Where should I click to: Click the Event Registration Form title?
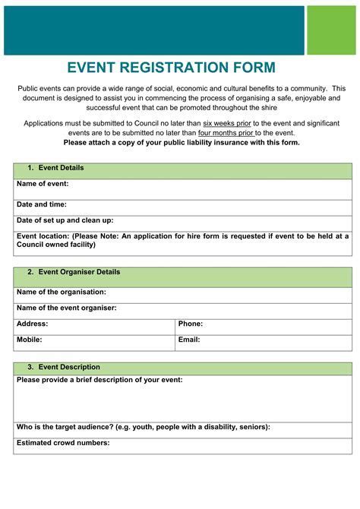[x=171, y=68]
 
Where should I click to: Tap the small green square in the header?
[x=332, y=30]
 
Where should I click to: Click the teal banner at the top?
[x=153, y=30]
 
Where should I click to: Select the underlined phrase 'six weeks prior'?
[x=229, y=123]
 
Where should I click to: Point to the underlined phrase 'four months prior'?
[x=226, y=133]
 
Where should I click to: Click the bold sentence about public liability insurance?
[x=182, y=143]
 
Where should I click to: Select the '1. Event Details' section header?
[x=56, y=168]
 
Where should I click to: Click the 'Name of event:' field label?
[x=43, y=184]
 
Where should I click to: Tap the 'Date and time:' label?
[x=42, y=204]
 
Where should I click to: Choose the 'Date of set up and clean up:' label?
[x=65, y=220]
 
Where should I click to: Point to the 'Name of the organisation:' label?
[x=62, y=292]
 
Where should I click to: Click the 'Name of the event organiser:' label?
[x=67, y=308]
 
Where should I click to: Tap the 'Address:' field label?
[x=32, y=324]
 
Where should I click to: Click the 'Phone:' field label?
[x=191, y=324]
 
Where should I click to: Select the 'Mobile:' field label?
[x=30, y=340]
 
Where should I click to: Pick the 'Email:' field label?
[x=189, y=340]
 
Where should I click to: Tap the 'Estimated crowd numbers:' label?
[x=63, y=443]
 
